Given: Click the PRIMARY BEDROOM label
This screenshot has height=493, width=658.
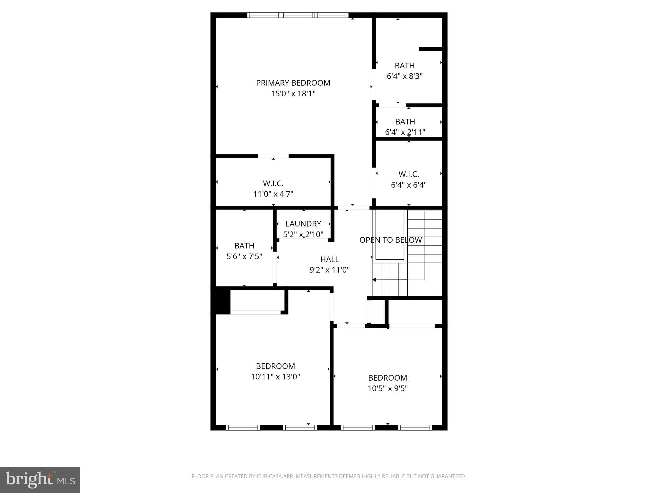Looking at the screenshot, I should (x=293, y=83).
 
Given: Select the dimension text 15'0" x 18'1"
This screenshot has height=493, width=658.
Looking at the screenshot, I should (x=293, y=94).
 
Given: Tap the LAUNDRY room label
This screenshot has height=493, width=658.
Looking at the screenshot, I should (x=303, y=224).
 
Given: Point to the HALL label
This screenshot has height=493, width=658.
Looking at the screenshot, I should (x=329, y=259).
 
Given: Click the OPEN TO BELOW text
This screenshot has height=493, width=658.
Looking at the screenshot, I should (x=390, y=240).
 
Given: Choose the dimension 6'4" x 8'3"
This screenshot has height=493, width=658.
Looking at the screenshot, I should (x=404, y=76).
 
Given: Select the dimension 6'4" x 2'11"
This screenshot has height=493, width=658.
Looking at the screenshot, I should (x=405, y=132).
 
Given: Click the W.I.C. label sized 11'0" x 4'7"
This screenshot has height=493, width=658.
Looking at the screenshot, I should (x=273, y=184).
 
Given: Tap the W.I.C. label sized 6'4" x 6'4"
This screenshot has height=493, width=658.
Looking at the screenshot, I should (x=409, y=174).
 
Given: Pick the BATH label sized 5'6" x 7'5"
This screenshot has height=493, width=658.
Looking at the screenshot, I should (x=244, y=246).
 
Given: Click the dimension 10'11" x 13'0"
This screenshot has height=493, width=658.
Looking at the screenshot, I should (x=275, y=377).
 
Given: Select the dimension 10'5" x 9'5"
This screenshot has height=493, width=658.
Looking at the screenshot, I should (x=387, y=388).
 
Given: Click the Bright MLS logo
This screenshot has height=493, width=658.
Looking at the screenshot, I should (x=40, y=480).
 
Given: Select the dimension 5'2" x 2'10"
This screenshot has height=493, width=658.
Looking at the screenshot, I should (x=303, y=234).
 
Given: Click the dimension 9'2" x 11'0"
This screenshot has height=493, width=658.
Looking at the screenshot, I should (x=329, y=270).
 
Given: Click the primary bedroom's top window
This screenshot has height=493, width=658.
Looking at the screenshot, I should (x=298, y=15).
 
